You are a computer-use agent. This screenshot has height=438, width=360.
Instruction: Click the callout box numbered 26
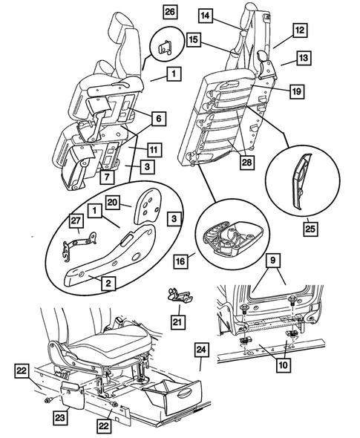click(170, 12)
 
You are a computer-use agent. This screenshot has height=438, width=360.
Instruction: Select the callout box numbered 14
click(206, 16)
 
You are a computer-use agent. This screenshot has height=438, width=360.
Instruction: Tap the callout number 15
click(194, 39)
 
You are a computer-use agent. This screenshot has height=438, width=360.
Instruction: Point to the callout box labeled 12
click(300, 30)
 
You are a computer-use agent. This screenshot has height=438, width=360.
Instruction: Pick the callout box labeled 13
click(304, 58)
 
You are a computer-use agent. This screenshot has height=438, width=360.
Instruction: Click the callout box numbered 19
click(297, 91)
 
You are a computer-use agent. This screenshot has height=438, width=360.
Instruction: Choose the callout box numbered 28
click(247, 162)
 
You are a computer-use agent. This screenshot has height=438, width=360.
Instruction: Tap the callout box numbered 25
click(310, 229)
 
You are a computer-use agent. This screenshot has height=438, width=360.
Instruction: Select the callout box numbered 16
click(180, 261)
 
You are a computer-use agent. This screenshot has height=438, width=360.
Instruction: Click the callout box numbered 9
click(273, 261)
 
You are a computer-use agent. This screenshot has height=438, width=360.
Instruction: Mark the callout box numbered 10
click(284, 365)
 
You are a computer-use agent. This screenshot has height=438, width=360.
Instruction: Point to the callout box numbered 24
click(201, 350)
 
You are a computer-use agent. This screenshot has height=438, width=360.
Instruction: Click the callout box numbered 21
click(177, 321)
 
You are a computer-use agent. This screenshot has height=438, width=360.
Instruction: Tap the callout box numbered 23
click(60, 418)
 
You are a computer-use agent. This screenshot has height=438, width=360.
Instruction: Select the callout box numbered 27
click(76, 221)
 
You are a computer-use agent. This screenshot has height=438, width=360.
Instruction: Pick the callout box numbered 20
click(113, 202)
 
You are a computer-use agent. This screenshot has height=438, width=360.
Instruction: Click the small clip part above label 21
click(178, 295)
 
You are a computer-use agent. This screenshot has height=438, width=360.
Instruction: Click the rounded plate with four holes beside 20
click(148, 206)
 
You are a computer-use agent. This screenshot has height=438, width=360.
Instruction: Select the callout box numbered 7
click(107, 177)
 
